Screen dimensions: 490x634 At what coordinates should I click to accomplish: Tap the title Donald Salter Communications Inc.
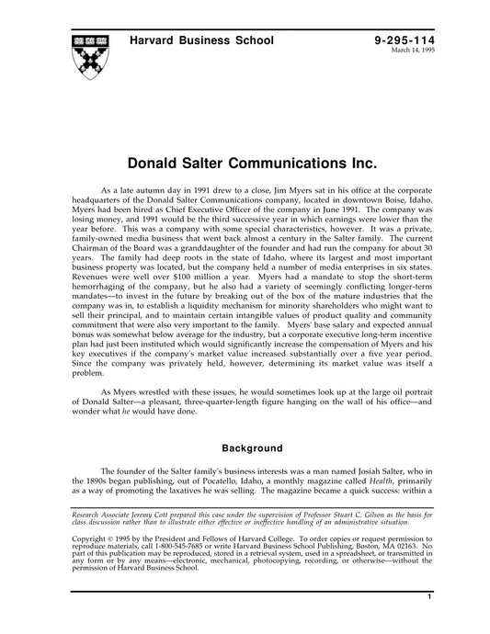pos(245,165)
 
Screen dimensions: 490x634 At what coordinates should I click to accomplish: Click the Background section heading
pos(245,449)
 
